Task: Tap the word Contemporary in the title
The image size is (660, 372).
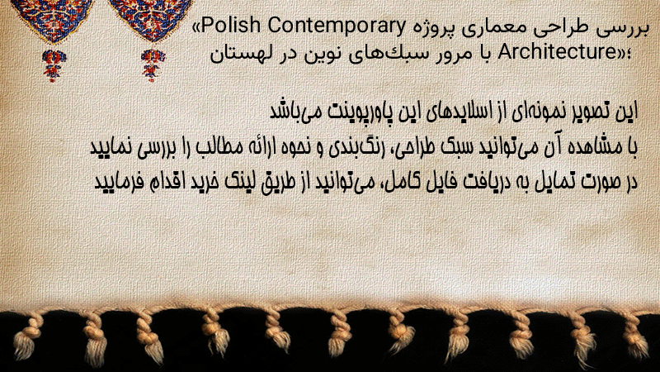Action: [x=336, y=26]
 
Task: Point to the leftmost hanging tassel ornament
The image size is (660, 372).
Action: [x=54, y=65]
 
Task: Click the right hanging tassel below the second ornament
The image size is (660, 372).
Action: [x=153, y=65]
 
